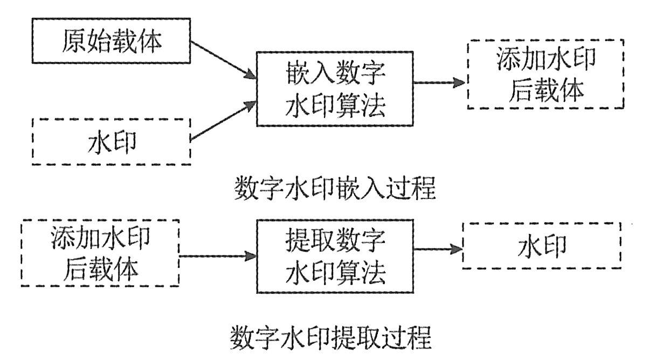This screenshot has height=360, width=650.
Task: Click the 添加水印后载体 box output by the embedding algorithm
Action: point(545,74)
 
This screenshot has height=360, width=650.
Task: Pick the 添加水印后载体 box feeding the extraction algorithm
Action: point(100,253)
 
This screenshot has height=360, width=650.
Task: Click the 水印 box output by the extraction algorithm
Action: point(542,246)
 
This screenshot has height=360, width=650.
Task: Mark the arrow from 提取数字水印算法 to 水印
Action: point(438,250)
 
